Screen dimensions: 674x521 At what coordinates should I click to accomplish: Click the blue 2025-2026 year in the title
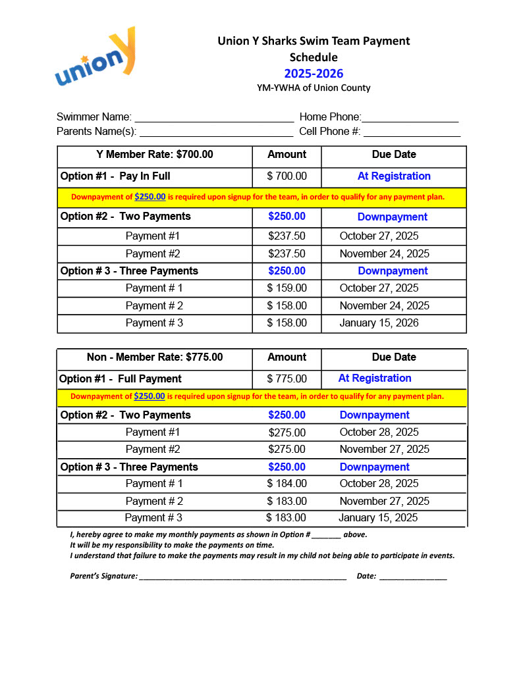pyautogui.click(x=314, y=74)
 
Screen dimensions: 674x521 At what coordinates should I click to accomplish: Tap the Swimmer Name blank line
pyautogui.click(x=214, y=118)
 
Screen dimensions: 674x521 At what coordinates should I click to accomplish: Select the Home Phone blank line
pyautogui.click(x=410, y=118)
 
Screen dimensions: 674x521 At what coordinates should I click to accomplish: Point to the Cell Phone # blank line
pyautogui.click(x=412, y=133)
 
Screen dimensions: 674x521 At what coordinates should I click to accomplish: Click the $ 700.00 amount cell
pyautogui.click(x=287, y=176)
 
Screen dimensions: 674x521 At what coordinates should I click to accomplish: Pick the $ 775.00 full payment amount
pyautogui.click(x=287, y=379)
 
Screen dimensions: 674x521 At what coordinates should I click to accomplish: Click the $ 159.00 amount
pyautogui.click(x=287, y=288)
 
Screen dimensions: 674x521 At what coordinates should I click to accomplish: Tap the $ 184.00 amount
pyautogui.click(x=287, y=484)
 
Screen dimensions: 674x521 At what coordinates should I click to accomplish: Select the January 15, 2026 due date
pyautogui.click(x=379, y=323)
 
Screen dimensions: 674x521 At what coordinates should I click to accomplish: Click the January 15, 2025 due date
pyautogui.click(x=378, y=518)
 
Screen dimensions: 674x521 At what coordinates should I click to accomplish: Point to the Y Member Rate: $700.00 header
pyautogui.click(x=155, y=155)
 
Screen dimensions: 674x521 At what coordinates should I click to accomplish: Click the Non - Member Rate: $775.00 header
pyautogui.click(x=155, y=357)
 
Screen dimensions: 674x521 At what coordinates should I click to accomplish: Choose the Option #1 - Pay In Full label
pyautogui.click(x=115, y=176)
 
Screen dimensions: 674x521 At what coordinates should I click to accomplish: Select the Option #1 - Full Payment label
pyautogui.click(x=121, y=379)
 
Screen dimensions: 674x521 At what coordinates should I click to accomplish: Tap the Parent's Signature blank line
pyautogui.click(x=242, y=577)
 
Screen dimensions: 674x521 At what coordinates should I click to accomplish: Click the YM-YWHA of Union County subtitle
pyautogui.click(x=314, y=88)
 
